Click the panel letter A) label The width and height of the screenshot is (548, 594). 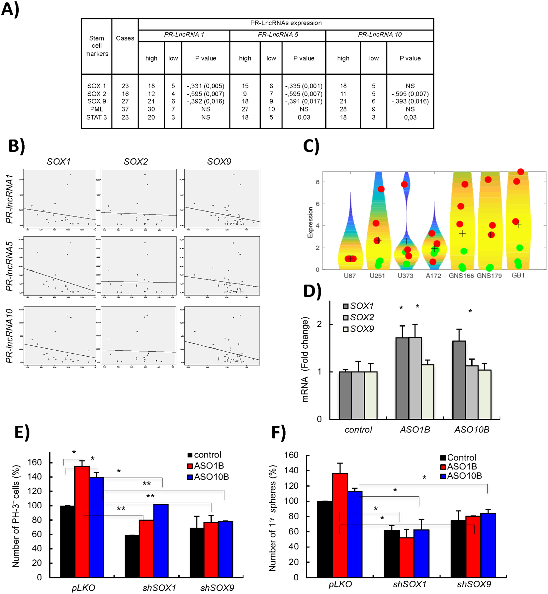(10, 9)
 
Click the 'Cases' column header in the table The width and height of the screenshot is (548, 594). (125, 38)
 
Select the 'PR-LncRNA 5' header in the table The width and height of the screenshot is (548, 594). (278, 35)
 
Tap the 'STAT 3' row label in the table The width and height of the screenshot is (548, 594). (96, 117)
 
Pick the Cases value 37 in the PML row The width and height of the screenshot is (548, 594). (125, 109)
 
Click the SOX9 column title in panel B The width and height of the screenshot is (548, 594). (219, 162)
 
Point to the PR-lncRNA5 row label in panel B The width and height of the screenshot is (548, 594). (10, 266)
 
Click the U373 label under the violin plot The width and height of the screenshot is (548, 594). (405, 276)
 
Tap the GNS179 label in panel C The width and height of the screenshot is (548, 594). (489, 276)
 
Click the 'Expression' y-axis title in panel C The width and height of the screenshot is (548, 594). (310, 222)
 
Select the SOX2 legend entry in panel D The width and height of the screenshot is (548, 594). (358, 317)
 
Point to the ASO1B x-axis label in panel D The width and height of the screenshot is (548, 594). (415, 430)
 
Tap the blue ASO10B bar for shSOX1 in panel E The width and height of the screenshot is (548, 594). (161, 541)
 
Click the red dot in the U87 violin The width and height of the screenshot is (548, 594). (350, 259)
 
